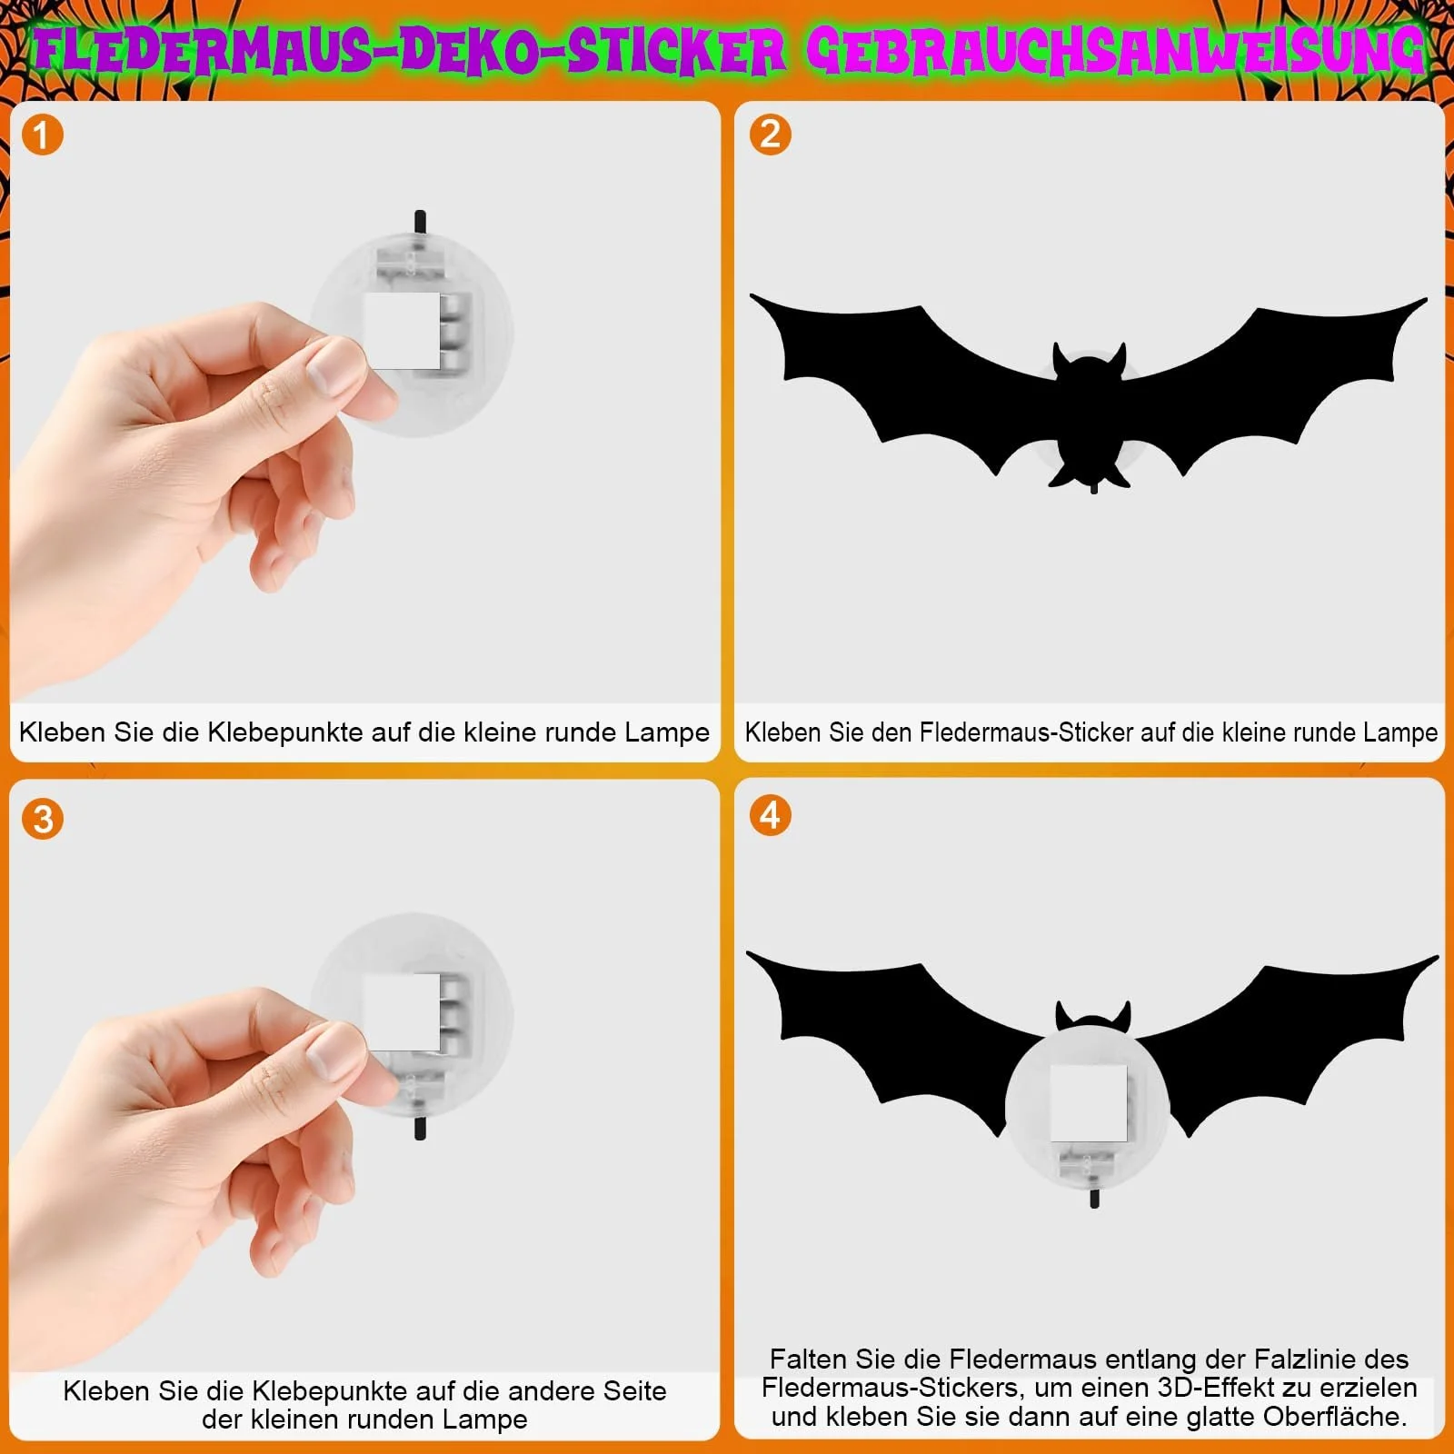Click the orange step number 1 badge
click(x=42, y=135)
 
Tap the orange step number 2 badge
click(x=770, y=134)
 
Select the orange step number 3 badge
click(x=43, y=819)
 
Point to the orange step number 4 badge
click(x=770, y=815)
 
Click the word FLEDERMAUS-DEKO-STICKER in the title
click(x=410, y=52)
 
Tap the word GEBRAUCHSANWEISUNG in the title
click(x=1116, y=52)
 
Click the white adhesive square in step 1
click(x=403, y=331)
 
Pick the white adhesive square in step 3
click(x=403, y=1012)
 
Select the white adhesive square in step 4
click(x=1089, y=1103)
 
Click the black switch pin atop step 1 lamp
click(x=420, y=221)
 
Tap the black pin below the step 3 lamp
click(x=420, y=1129)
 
